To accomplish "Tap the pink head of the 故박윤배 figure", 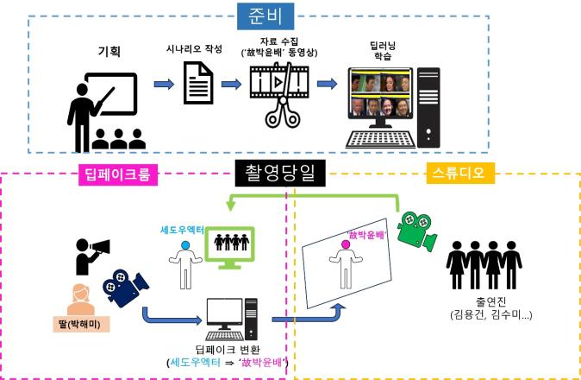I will click(345, 245).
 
